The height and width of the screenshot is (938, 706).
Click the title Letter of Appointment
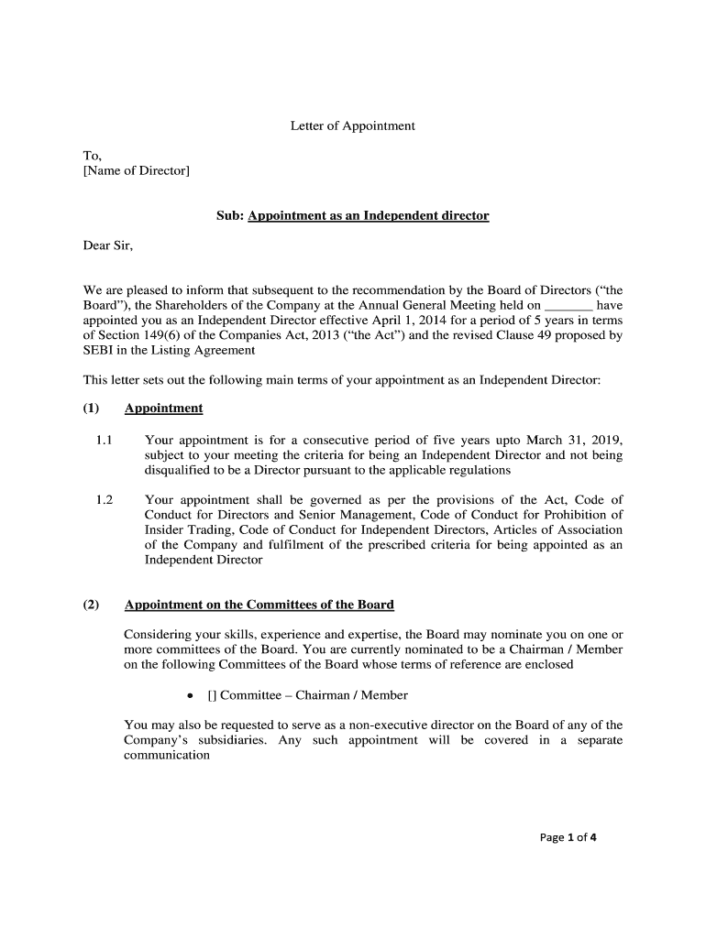[x=352, y=125]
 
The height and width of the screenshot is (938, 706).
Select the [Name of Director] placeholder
[x=137, y=170]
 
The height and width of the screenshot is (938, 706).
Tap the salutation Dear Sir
[x=108, y=245]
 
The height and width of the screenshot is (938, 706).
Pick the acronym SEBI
[x=100, y=350]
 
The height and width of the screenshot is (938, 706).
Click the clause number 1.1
[x=104, y=440]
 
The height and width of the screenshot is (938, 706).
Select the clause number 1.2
[x=104, y=499]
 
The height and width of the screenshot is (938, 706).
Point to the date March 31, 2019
[x=574, y=440]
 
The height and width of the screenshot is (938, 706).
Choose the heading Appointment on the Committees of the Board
[x=259, y=605]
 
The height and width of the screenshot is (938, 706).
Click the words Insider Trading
[x=188, y=529]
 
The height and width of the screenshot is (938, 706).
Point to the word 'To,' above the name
[x=93, y=156]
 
